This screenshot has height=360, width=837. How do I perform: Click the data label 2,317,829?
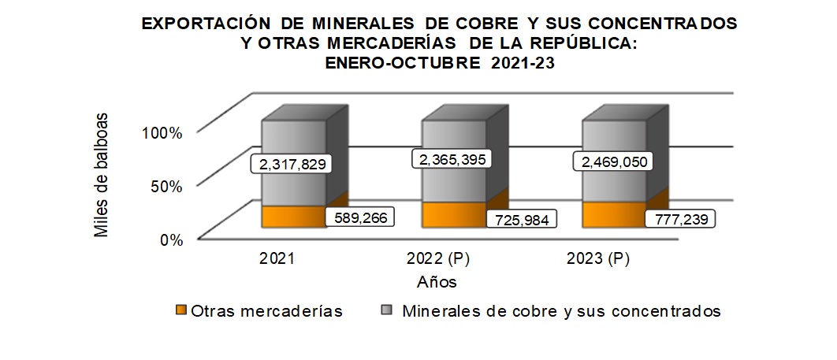coord(291,164)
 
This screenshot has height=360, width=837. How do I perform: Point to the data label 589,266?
coord(361,217)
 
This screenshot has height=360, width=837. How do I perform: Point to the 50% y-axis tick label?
coord(166,187)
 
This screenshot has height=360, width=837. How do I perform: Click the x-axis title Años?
coord(437,280)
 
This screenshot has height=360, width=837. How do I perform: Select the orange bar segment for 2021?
coord(293,216)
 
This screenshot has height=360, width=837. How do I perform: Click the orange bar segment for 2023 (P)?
coord(613,214)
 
